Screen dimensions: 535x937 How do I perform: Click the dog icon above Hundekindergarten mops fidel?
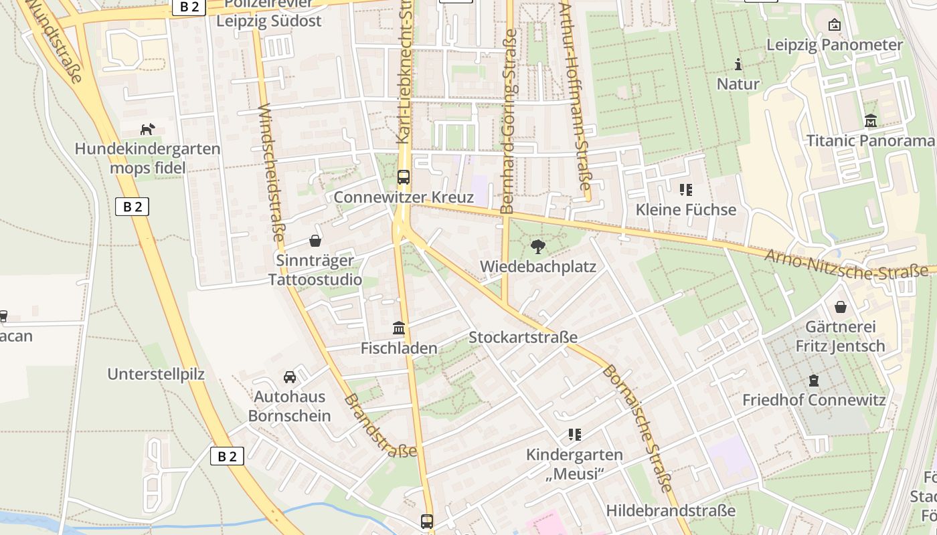tap(147, 129)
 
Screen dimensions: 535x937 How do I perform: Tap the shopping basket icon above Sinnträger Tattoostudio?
tap(315, 241)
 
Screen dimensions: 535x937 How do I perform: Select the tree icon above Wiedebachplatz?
tap(537, 247)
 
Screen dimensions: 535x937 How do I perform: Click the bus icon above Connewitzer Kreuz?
tap(403, 177)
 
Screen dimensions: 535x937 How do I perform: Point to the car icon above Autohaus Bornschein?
tap(290, 377)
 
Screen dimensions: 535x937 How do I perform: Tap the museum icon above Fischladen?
tap(399, 328)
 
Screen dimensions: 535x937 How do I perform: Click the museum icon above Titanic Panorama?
tap(871, 121)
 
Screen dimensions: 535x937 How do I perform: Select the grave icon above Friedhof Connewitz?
tap(814, 381)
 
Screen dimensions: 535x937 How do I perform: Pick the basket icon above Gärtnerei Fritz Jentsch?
tap(841, 307)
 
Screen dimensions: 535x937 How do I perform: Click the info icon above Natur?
tap(738, 64)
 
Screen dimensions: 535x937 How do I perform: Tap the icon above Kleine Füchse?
tap(685, 190)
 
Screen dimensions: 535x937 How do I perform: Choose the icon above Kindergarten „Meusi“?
tap(574, 435)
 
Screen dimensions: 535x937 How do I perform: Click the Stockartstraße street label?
tap(523, 337)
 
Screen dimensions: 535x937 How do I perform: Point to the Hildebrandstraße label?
tap(671, 511)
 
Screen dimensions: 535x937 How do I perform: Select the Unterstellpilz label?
tap(156, 374)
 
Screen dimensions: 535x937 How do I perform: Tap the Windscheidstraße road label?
tap(272, 172)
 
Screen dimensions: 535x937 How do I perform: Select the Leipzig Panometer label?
tap(835, 45)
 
